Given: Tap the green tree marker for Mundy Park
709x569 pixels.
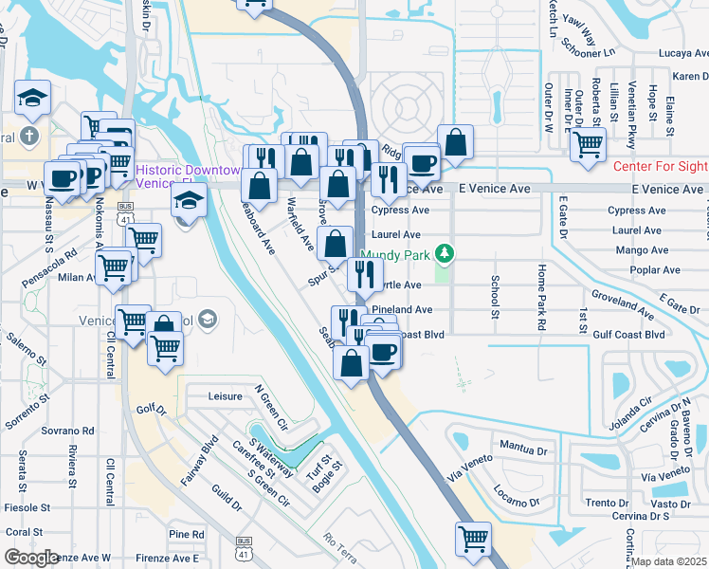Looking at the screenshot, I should click(x=443, y=253).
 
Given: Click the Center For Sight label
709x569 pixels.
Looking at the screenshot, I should click(x=660, y=166).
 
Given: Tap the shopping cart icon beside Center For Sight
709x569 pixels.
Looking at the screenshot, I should click(x=589, y=145).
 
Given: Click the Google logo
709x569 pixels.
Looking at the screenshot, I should click(x=31, y=558).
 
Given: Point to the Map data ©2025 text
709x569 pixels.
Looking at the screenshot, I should click(x=670, y=561).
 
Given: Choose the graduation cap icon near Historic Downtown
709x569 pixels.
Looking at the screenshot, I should click(x=188, y=199).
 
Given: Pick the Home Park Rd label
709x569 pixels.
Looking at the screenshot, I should click(x=541, y=297).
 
